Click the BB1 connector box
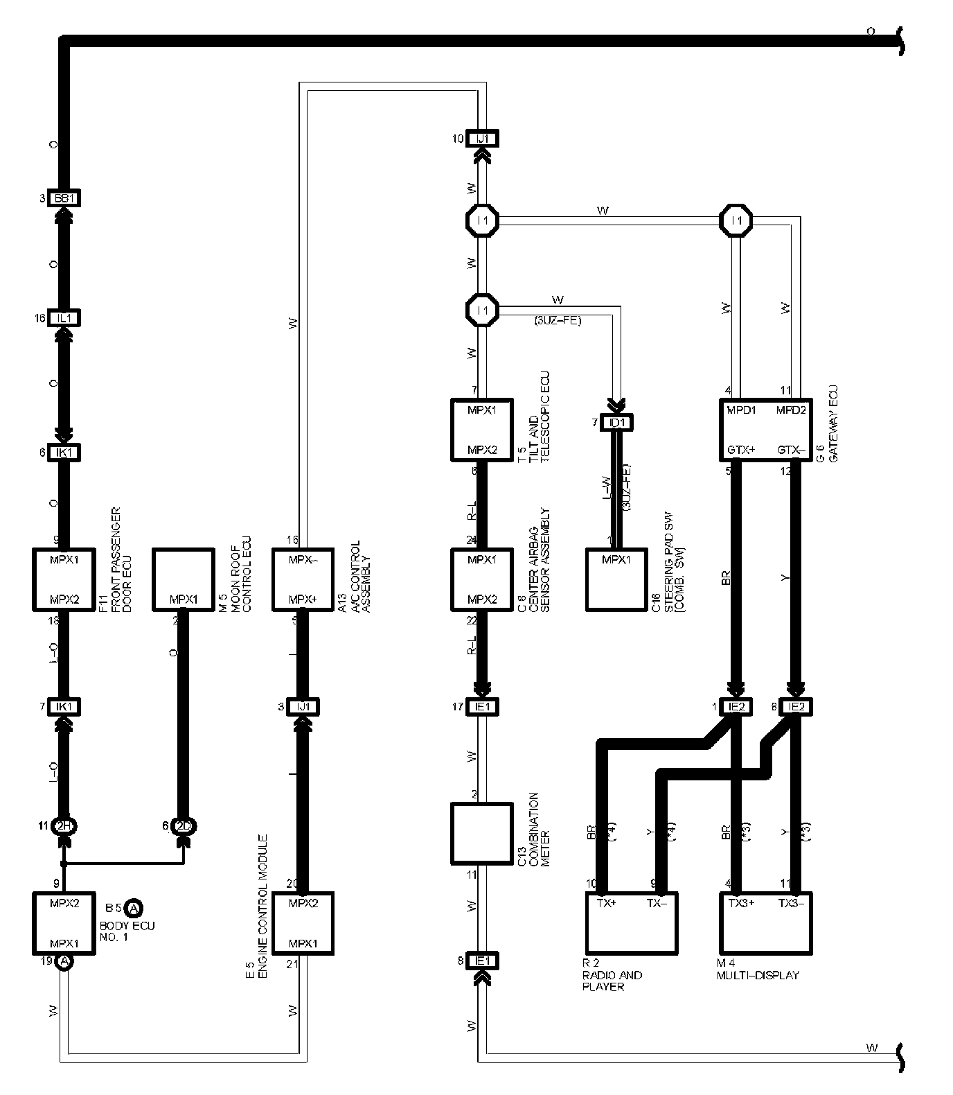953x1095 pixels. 64,199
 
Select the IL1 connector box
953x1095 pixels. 64,318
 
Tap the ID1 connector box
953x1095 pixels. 617,423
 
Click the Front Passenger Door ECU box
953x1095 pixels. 64,579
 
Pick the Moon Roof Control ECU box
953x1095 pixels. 183,579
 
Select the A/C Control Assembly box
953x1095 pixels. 303,579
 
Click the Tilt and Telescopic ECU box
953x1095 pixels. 482,430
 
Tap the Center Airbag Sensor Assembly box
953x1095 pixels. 482,579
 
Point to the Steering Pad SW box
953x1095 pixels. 617,579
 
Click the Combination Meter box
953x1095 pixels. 482,833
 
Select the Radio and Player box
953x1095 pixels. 631,922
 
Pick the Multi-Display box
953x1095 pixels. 765,922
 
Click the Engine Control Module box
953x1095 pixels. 303,922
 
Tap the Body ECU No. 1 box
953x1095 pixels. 64,922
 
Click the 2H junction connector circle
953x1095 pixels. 64,825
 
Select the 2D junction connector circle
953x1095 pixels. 184,825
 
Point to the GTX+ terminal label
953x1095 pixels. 740,450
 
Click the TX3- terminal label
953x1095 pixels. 792,903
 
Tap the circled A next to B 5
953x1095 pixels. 134,907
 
